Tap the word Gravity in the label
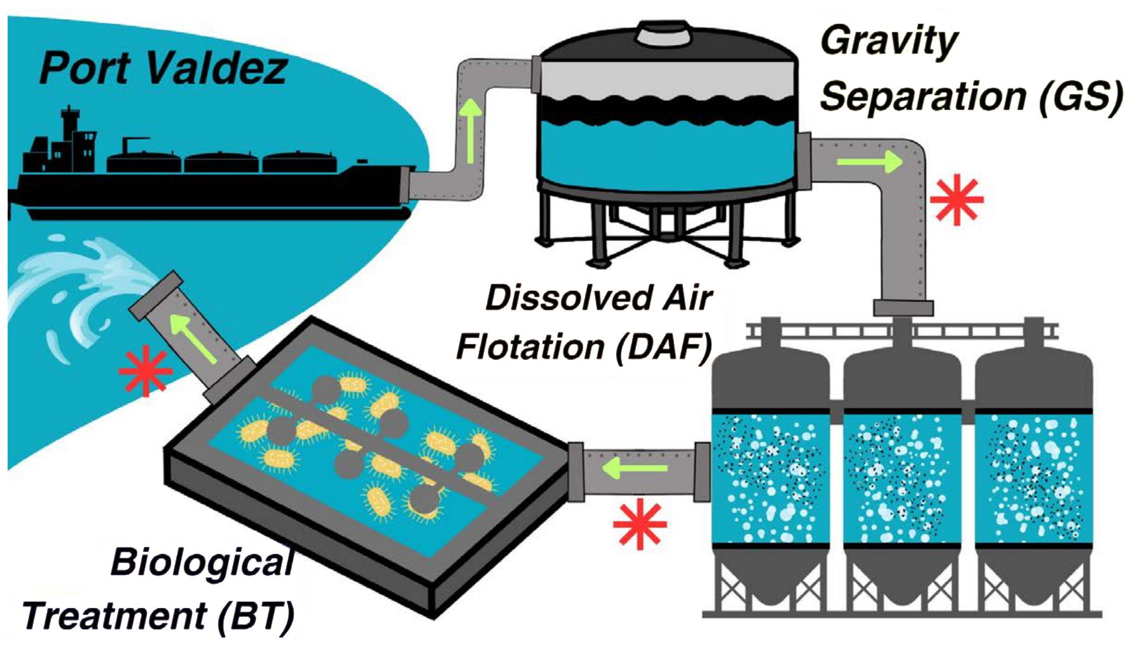[x=888, y=41]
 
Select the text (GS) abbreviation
[x=1080, y=97]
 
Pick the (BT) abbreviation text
[x=256, y=616]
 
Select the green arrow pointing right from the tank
[x=869, y=162]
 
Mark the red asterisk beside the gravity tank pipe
[x=956, y=200]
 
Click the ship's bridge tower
[x=71, y=137]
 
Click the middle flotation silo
[x=902, y=464]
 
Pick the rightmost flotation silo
[x=1033, y=464]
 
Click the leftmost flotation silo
[x=770, y=464]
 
